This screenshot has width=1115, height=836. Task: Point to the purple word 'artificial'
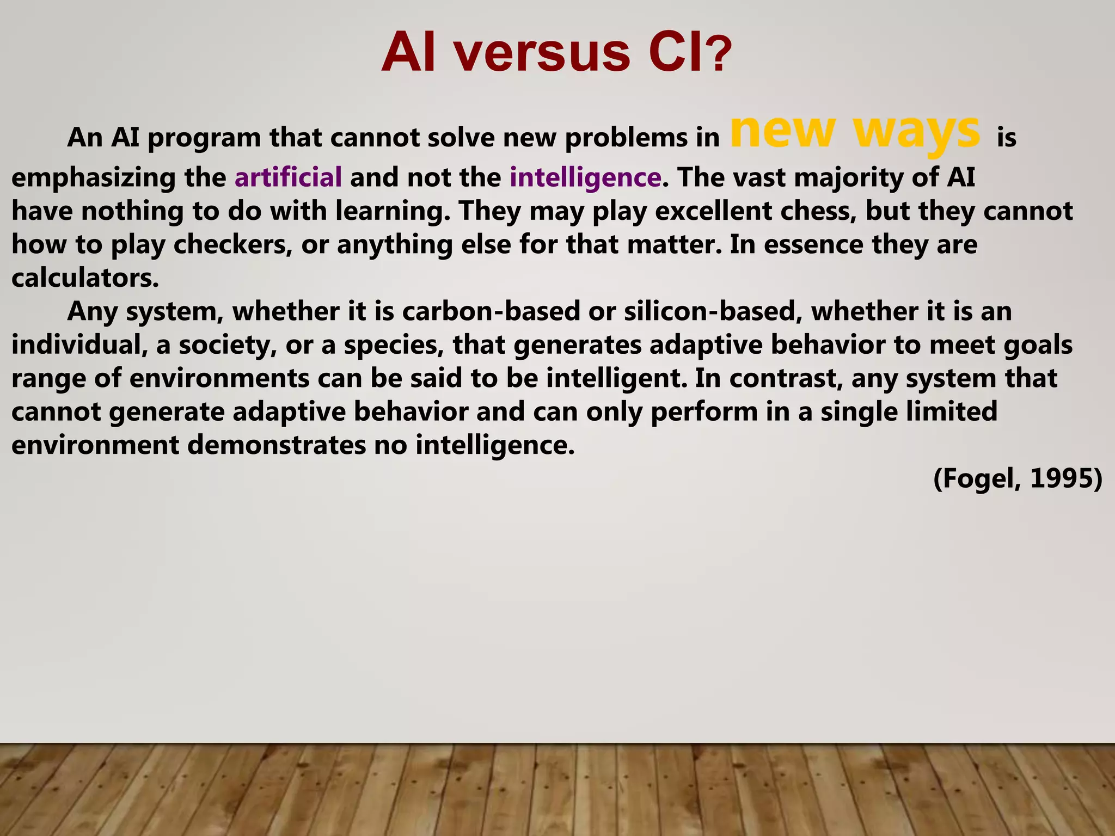288,177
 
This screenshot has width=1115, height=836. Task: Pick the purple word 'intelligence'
585,177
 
